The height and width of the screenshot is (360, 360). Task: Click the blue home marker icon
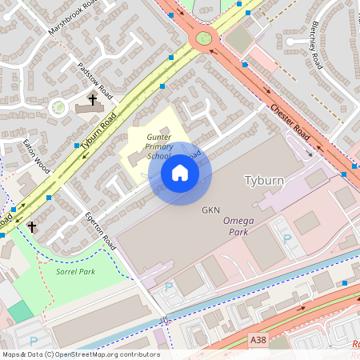click(x=180, y=173)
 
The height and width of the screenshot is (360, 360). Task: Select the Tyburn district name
click(x=263, y=180)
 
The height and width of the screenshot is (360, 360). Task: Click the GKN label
click(x=210, y=210)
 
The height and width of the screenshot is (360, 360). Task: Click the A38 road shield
click(x=258, y=340)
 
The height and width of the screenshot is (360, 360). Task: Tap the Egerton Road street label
click(x=101, y=232)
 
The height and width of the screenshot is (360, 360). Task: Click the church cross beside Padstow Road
click(x=93, y=100)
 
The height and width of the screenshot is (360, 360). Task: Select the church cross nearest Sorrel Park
click(x=32, y=227)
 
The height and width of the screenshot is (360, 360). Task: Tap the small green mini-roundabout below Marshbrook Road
click(x=58, y=106)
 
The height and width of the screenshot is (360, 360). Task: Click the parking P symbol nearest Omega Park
click(x=287, y=238)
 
